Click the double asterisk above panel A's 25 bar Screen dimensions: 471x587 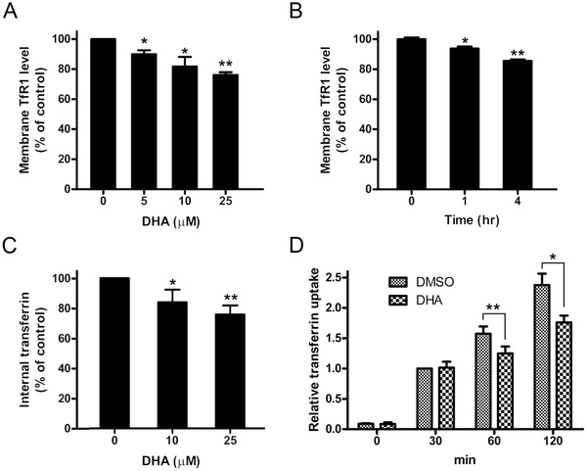point(231,63)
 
